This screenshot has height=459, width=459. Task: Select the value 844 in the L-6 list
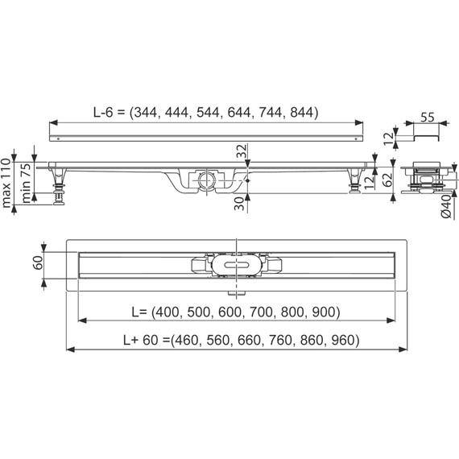301,112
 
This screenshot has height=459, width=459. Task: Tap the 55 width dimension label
428,118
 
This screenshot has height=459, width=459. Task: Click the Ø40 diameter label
446,206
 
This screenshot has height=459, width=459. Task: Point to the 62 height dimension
387,180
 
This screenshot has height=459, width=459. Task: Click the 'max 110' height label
6,183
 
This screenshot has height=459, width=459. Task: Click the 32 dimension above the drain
242,151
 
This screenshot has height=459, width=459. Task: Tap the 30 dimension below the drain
239,204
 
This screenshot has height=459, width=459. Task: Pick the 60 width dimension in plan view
38,262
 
